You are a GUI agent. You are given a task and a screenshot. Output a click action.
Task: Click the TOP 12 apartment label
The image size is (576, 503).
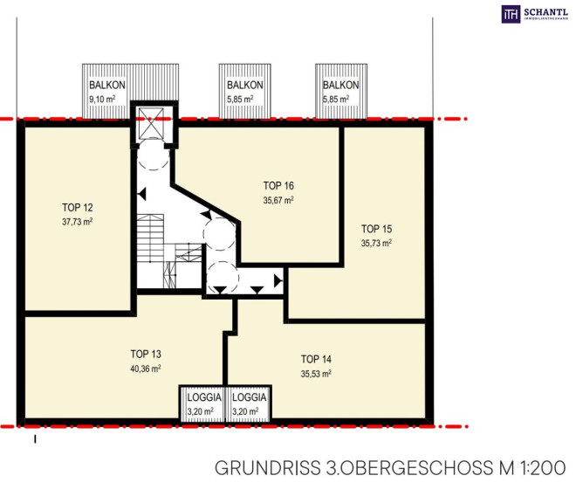pos(78,208)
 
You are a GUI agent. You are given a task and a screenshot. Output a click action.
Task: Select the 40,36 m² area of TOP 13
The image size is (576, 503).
pos(146,369)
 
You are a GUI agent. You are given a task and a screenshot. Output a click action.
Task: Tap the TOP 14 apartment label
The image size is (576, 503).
pos(316,359)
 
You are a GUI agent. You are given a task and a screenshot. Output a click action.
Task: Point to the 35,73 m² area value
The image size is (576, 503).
pos(376,243)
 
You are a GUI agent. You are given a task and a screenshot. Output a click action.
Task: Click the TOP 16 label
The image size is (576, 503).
pos(278,186)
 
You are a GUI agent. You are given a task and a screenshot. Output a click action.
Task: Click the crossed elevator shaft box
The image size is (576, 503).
pos(151,123)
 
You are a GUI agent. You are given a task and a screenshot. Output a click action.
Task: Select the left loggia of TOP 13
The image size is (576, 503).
pos(202,403)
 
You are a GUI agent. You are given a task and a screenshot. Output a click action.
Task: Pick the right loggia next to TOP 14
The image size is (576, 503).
pos(249,403)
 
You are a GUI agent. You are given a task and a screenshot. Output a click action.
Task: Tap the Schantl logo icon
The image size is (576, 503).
pos(511,14)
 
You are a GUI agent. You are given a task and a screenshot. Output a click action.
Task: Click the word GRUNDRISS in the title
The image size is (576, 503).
pos(267,468)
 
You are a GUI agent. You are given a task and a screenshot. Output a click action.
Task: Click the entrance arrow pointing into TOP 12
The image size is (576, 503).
pos(142,194)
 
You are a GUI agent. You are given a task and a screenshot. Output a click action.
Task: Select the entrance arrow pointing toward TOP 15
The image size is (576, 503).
pos(278,281)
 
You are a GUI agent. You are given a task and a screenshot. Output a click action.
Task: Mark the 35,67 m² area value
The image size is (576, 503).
pos(278,200)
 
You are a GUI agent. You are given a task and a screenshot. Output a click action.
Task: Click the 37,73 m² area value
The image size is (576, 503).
pos(77,222)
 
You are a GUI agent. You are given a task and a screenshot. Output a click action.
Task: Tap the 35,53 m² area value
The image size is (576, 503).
pos(316,374)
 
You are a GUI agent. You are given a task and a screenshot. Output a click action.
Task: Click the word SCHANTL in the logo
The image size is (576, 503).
pos(545,12)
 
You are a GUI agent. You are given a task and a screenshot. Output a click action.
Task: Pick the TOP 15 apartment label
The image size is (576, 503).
pos(376,229)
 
